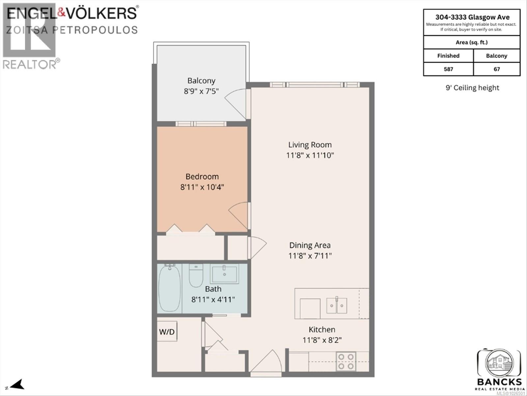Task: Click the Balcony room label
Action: click(x=201, y=81)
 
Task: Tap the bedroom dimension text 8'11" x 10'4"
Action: click(x=202, y=187)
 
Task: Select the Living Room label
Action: click(x=310, y=145)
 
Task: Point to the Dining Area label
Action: click(x=310, y=245)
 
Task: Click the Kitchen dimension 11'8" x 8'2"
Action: click(x=322, y=340)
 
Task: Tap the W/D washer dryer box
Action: click(x=167, y=331)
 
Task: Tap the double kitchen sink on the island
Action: click(x=337, y=305)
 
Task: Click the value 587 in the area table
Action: click(x=448, y=69)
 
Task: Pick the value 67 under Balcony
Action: click(x=497, y=69)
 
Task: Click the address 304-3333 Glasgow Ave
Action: click(x=472, y=17)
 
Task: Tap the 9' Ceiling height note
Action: click(x=472, y=88)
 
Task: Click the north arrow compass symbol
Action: click(x=16, y=384)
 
